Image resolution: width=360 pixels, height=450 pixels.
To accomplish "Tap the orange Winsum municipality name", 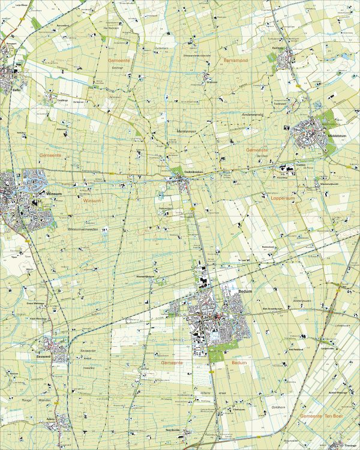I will [x=92, y=201].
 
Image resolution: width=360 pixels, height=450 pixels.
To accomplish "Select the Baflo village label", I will [x=17, y=90].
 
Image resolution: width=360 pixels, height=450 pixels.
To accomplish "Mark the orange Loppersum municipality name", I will [x=284, y=197].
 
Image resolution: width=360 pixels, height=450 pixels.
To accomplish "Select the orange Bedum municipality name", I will [x=239, y=363].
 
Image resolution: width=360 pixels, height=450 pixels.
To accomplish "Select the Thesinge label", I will [x=350, y=445].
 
